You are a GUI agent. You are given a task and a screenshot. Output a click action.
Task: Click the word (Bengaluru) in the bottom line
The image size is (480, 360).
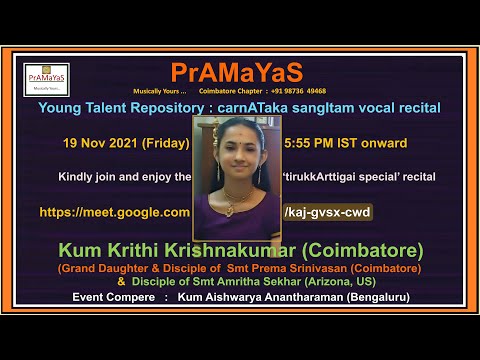378,298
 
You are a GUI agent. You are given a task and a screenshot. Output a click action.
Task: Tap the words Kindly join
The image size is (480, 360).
86,176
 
